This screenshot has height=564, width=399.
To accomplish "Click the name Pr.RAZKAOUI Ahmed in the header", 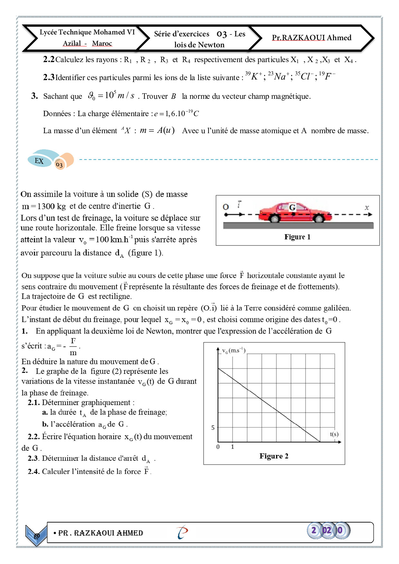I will [311, 38].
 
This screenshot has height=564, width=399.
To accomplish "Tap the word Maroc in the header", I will [102, 43].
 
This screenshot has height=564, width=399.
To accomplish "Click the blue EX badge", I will [39, 161].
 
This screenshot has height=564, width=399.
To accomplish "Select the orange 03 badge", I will [60, 165].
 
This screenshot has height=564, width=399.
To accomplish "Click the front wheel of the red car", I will [318, 219].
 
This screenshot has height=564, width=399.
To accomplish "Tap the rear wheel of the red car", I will [274, 219].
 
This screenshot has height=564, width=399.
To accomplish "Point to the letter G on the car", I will [292, 208].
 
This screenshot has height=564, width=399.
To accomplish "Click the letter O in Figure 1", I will [226, 207].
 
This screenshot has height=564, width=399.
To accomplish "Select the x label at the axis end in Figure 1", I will [367, 208].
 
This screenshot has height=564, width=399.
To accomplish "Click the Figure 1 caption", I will [297, 237].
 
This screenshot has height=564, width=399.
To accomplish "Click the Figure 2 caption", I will [274, 456].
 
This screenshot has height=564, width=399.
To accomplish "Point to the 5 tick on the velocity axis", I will [213, 428].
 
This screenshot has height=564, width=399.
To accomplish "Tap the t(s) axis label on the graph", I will [334, 434].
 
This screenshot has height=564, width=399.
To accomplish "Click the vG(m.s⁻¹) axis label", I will [234, 351].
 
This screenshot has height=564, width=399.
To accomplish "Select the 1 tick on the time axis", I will [233, 447].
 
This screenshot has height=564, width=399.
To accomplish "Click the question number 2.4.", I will [33, 472].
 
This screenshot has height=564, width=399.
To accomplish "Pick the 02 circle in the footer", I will [327, 530].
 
